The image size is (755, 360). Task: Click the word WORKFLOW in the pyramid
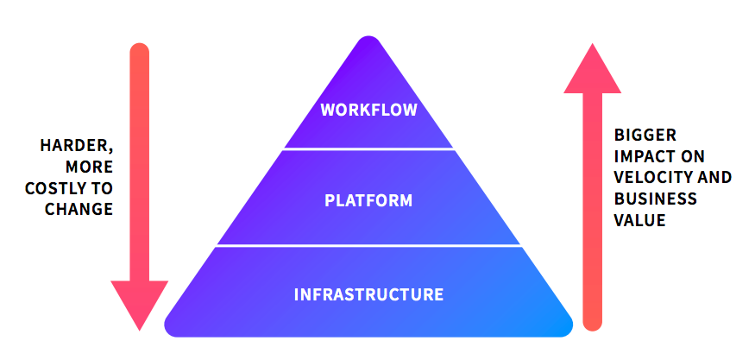point(368,110)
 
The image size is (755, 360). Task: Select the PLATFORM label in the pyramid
point(368,201)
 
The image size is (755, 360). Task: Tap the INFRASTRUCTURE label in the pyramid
point(368,294)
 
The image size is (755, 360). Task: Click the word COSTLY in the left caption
point(62,187)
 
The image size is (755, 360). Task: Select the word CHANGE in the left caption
point(83,209)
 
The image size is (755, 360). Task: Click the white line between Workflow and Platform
point(368,148)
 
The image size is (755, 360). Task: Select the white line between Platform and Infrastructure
point(368,246)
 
